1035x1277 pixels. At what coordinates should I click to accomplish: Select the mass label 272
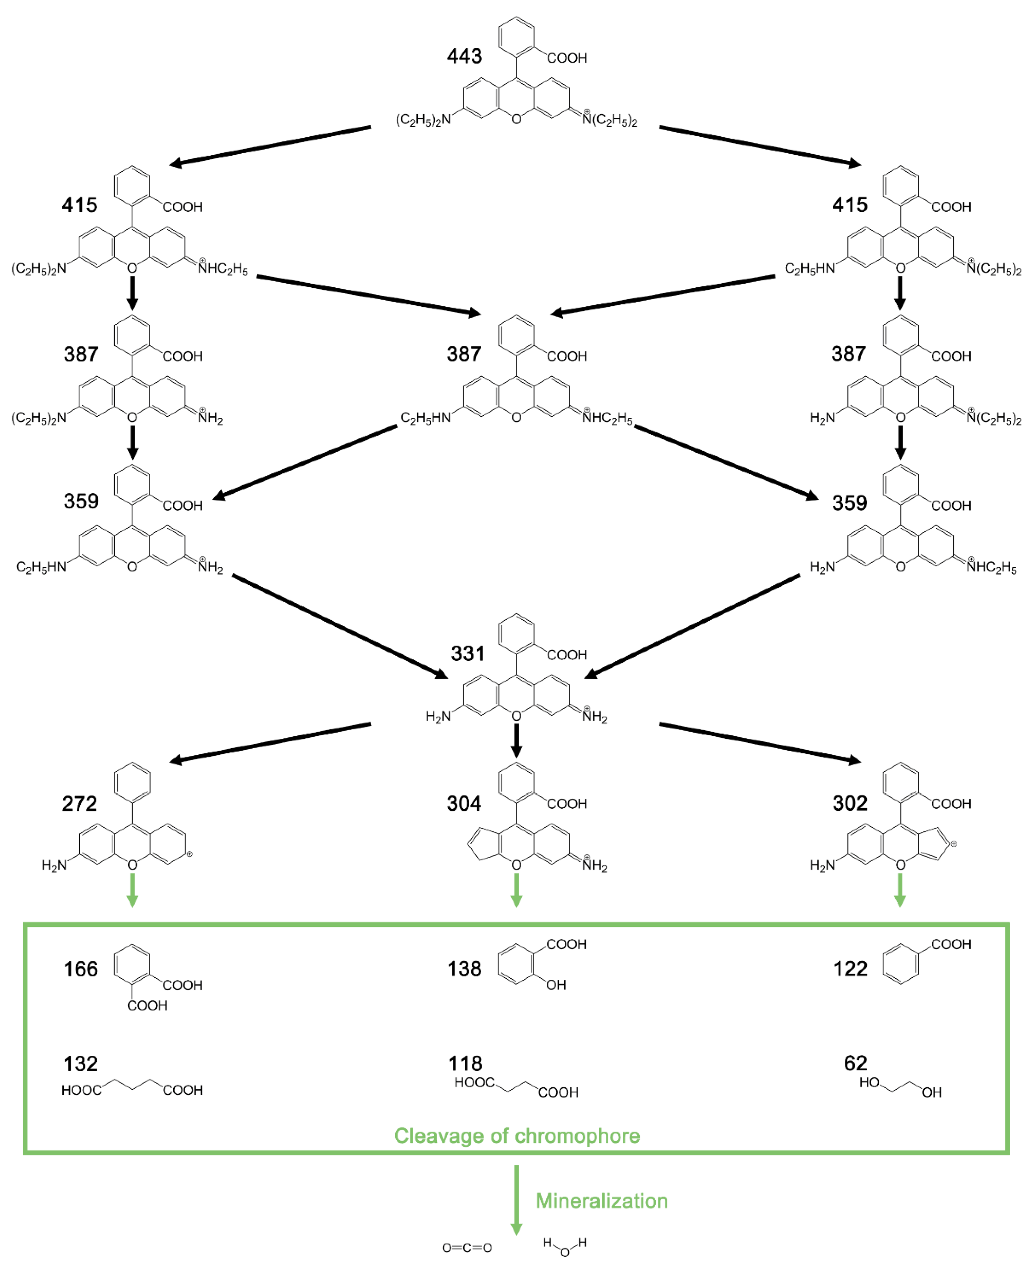79,804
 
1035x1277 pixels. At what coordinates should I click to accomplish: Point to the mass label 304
464,804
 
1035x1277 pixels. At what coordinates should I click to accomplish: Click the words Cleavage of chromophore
517,1136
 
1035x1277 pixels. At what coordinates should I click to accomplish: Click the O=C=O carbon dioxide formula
467,1248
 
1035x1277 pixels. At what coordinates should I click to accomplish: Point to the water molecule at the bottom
564,1247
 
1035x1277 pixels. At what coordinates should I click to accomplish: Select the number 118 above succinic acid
465,1064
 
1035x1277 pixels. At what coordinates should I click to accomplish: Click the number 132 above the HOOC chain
80,1064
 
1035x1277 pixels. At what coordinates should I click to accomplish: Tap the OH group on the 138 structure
556,985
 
